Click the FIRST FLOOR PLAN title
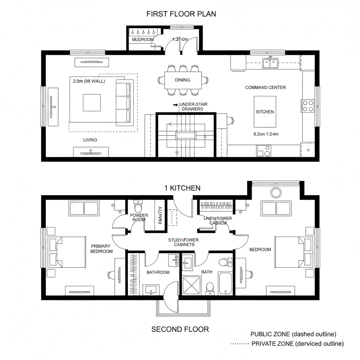tap(181, 14)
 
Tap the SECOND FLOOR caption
tap(180, 329)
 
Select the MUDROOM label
tap(143, 40)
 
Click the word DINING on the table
tap(182, 80)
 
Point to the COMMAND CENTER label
tap(265, 88)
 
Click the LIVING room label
tap(90, 140)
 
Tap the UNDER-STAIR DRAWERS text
tap(192, 107)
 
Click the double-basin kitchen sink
tap(270, 63)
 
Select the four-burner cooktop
tap(308, 106)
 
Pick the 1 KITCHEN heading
tap(182, 188)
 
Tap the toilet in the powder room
tap(138, 205)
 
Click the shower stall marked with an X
tap(192, 285)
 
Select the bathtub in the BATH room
tap(225, 283)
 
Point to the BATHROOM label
tap(158, 272)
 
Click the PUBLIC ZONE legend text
tap(293, 334)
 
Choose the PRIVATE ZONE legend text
tap(297, 344)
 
